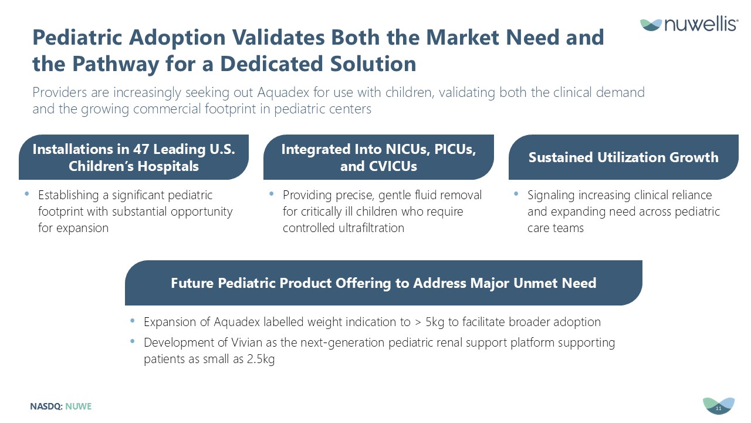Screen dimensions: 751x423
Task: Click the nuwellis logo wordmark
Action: coord(701,24)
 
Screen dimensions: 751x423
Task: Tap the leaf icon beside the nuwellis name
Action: coord(651,25)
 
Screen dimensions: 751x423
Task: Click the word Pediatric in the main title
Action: coord(77,37)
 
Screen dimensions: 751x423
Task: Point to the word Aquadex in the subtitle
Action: coord(283,92)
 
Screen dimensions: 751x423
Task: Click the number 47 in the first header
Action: coord(141,149)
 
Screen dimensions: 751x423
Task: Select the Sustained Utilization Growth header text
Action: coord(624,157)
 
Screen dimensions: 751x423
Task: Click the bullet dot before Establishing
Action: coord(27,193)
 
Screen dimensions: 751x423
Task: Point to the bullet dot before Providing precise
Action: coord(272,193)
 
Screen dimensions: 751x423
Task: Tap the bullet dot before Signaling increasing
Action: coord(516,193)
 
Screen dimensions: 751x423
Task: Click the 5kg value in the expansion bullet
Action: coord(435,322)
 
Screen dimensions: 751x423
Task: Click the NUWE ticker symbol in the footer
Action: coord(79,406)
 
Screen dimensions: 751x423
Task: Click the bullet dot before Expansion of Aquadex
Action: coord(133,321)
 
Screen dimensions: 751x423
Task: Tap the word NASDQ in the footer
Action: coord(46,406)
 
